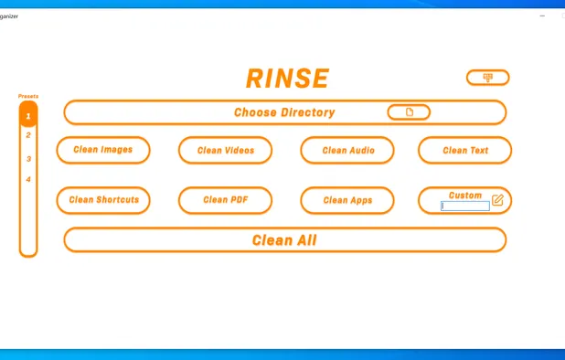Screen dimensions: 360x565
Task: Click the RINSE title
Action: click(287, 79)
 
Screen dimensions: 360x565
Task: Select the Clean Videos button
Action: click(225, 150)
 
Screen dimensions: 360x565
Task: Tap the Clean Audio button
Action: click(347, 150)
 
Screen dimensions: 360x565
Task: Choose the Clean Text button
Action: click(464, 150)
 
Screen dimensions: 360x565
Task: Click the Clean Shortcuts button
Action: click(103, 200)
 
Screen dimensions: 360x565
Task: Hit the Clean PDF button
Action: click(225, 200)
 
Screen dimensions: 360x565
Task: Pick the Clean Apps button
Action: click(347, 200)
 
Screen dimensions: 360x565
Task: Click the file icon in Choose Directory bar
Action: click(409, 112)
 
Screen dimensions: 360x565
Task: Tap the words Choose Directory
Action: click(284, 112)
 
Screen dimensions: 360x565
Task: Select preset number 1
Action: click(28, 116)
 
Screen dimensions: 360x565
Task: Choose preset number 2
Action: click(28, 135)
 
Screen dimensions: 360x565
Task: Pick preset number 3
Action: click(28, 159)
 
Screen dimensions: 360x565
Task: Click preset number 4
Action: click(28, 179)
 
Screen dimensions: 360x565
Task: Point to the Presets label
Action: click(28, 95)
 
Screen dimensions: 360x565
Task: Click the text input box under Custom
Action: click(464, 206)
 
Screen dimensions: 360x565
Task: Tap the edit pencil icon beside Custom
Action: click(497, 199)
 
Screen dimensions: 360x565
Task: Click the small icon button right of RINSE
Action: click(487, 78)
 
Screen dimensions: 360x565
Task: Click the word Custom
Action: click(464, 195)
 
